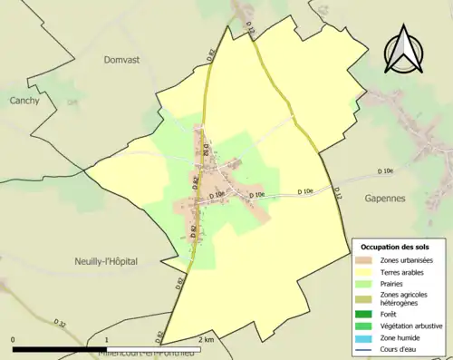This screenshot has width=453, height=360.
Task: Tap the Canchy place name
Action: click(x=24, y=101)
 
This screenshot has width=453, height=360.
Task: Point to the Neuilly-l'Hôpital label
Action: click(x=106, y=261)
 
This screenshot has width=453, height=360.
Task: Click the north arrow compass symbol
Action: click(x=403, y=51)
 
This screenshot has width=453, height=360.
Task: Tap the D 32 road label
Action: click(x=60, y=322)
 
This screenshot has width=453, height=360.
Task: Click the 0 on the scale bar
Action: click(x=14, y=340)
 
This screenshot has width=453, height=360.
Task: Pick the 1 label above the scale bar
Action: click(x=107, y=340)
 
